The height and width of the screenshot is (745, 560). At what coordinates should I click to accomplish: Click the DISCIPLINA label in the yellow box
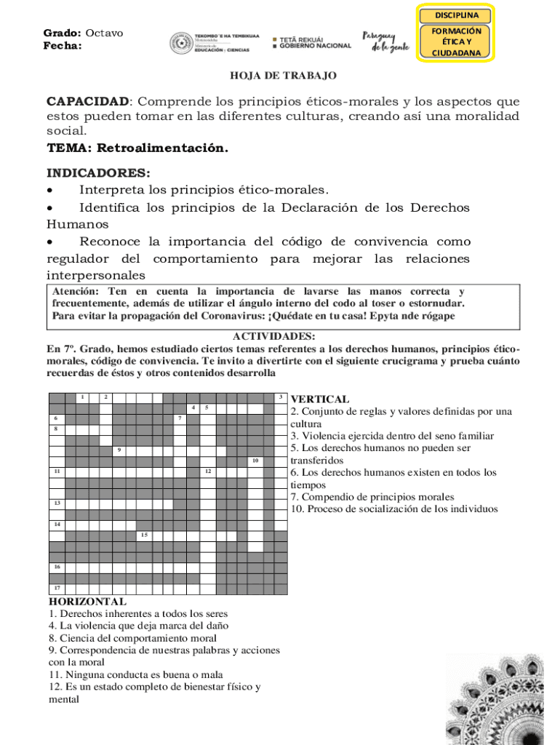(457, 15)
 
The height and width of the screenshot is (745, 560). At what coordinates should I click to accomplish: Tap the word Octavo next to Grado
(104, 33)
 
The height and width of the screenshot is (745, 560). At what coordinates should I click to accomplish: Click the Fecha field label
(63, 46)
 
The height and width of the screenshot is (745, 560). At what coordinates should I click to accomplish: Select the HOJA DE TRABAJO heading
(283, 75)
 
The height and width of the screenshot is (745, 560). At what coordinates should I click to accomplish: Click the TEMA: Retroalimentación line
(137, 148)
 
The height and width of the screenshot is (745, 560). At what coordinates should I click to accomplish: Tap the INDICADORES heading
(99, 173)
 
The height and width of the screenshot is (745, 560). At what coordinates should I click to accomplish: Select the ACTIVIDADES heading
(273, 336)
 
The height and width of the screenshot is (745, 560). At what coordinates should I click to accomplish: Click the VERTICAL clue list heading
(319, 399)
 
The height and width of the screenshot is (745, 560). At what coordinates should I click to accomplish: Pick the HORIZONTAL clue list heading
(87, 602)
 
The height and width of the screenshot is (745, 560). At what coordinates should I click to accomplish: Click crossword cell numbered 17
(57, 589)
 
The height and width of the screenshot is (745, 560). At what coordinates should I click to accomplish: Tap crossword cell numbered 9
(120, 450)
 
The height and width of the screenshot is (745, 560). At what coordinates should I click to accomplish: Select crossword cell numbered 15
(145, 535)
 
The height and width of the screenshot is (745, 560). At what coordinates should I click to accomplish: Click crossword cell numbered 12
(208, 472)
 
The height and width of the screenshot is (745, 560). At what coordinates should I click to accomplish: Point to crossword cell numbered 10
(255, 461)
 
